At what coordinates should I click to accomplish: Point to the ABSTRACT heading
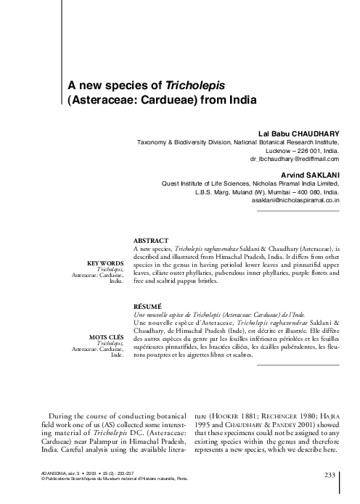(152, 240)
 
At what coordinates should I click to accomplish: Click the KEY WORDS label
(105, 263)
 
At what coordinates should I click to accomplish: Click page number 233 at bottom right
(330, 474)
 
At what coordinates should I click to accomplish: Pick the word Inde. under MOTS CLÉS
(116, 355)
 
